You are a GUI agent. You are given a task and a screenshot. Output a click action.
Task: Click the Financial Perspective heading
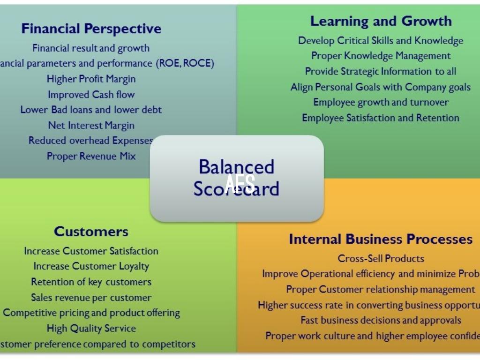click(91, 29)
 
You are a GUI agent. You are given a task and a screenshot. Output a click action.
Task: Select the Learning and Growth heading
click(381, 21)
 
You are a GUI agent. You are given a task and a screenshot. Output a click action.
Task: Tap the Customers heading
click(91, 232)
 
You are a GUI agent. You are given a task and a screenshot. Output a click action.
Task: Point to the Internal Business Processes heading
click(381, 239)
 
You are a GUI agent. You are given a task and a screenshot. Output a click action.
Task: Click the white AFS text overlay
click(240, 183)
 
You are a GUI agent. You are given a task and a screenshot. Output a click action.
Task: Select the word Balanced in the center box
click(236, 166)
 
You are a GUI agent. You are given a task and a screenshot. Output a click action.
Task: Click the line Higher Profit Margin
click(91, 79)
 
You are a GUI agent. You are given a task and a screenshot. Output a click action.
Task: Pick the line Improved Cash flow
click(91, 94)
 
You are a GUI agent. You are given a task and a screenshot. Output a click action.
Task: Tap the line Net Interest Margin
click(91, 125)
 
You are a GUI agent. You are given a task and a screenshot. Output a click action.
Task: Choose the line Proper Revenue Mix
click(91, 156)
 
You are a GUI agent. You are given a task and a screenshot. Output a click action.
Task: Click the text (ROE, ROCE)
click(185, 63)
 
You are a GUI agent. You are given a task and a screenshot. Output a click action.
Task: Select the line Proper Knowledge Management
click(381, 56)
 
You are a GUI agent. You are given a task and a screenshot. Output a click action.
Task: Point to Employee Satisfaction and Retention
click(381, 118)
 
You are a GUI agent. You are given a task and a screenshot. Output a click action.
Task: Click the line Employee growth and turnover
click(381, 102)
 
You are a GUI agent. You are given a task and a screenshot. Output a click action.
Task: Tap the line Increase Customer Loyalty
click(91, 266)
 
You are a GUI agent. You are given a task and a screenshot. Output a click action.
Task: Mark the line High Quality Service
click(91, 328)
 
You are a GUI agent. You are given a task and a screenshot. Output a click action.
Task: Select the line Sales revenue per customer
click(91, 297)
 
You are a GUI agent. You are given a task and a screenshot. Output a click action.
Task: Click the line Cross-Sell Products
click(381, 258)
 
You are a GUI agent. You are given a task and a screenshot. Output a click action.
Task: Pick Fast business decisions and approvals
click(381, 320)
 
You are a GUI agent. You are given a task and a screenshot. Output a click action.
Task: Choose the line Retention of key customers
click(91, 282)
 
